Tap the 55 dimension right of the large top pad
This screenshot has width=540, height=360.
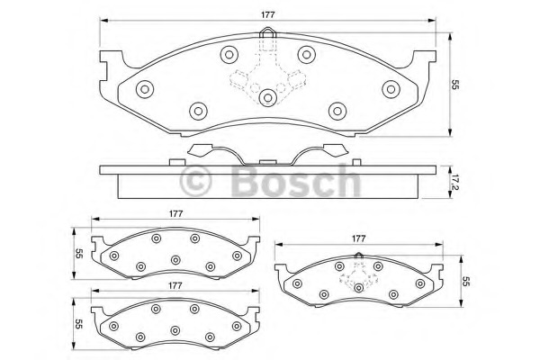coord(457,84)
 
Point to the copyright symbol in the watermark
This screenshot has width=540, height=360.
coord(196,181)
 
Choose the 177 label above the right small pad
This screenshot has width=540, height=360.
coord(357,238)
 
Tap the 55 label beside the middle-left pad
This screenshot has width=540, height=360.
coord(79,254)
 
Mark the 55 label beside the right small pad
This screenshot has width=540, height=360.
coord(466,282)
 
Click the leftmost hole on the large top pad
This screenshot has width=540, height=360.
coord(144,88)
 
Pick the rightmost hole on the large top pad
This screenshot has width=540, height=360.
coord(391,88)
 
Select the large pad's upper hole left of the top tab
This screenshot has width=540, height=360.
coord(228,53)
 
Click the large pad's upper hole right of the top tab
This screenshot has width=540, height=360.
coord(306,53)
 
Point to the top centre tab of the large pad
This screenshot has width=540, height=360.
coord(266,39)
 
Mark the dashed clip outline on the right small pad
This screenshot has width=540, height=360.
coord(358,275)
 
